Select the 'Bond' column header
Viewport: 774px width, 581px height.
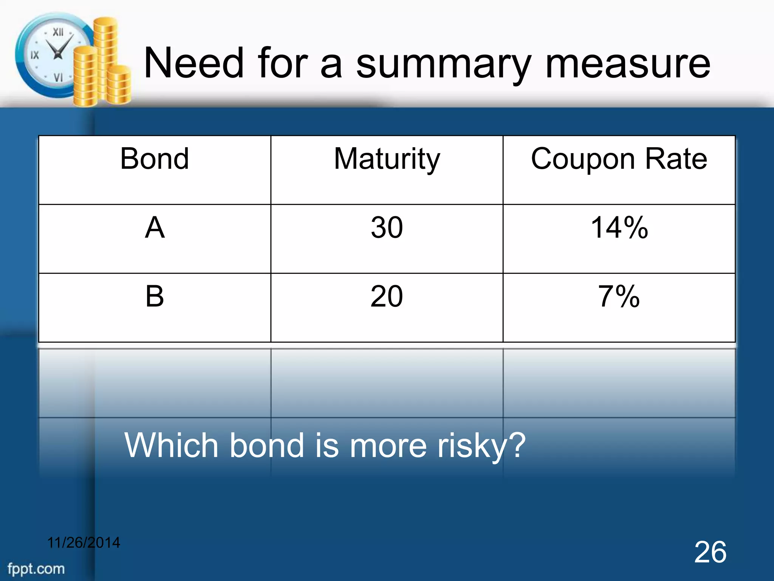[155, 159]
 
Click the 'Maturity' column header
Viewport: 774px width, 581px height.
[387, 159]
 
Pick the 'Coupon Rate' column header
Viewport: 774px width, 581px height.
[619, 159]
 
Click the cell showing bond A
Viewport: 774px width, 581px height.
[155, 228]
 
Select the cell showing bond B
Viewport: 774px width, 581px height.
[155, 296]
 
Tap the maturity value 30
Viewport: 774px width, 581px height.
[387, 228]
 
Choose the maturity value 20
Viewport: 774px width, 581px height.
[387, 296]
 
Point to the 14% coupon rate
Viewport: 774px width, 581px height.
[619, 228]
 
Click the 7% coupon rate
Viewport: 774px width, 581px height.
[619, 296]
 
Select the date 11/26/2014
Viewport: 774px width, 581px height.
[84, 543]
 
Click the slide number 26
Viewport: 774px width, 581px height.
[710, 552]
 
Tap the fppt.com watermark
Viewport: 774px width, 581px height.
[36, 569]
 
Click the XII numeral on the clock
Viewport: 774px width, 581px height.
[58, 33]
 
